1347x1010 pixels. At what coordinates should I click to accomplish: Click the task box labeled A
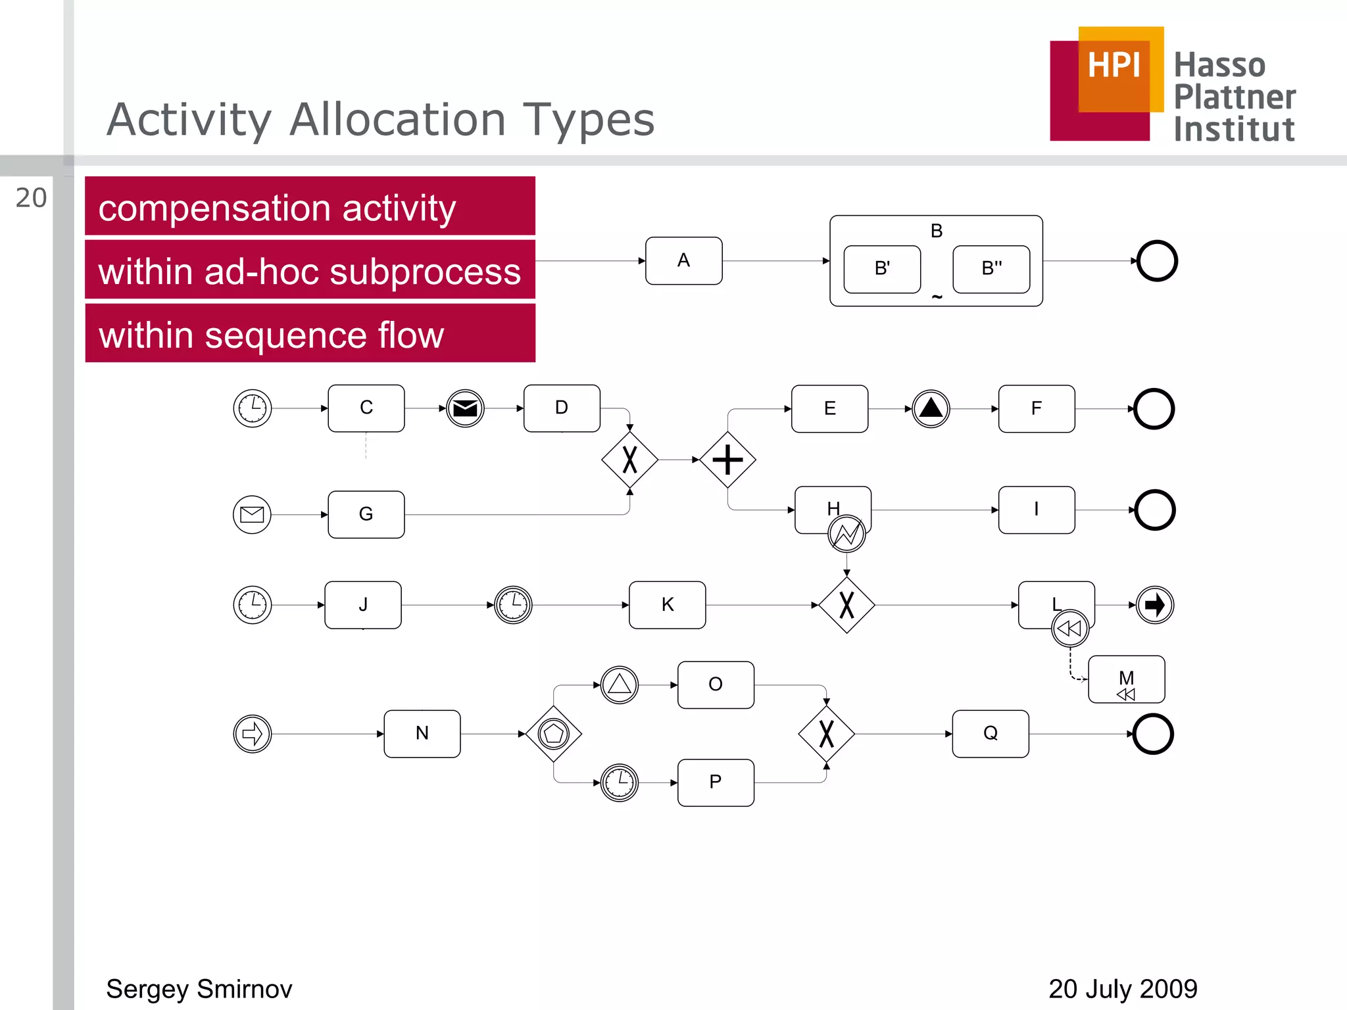pos(683,261)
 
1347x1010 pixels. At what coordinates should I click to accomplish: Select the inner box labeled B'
pos(882,269)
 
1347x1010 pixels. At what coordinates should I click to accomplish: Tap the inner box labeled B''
pos(991,269)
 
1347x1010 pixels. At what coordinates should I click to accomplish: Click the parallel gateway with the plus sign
pos(727,460)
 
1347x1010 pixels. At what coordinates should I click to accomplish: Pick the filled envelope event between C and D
pos(465,408)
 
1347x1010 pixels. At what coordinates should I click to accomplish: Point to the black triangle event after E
pos(931,408)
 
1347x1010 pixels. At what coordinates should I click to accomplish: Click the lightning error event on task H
pos(846,533)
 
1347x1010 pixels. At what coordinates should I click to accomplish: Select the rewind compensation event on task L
pos(1070,629)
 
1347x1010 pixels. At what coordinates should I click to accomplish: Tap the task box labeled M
pos(1126,679)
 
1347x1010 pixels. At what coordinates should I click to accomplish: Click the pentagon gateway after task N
pos(554,734)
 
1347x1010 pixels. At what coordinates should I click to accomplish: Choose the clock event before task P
pos(620,782)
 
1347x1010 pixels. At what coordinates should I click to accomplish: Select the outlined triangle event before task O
pos(620,685)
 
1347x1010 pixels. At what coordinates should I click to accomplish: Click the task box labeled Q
pos(991,734)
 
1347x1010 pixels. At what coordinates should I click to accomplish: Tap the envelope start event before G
pos(252,514)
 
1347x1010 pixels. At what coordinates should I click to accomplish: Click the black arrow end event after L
pos(1155,605)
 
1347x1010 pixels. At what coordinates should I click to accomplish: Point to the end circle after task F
pos(1154,409)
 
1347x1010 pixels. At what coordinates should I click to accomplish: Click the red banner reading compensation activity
pos(310,206)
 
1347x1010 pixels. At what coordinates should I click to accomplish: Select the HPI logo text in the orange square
pos(1114,66)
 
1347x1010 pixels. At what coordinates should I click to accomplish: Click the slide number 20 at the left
pos(31,198)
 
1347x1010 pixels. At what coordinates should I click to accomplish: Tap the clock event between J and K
pos(513,605)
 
